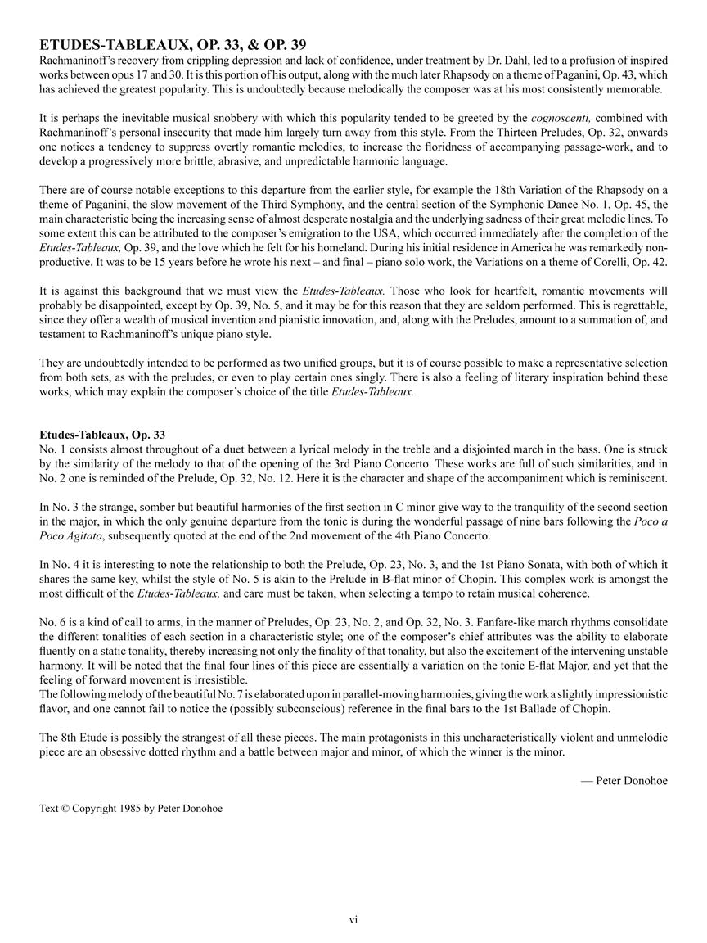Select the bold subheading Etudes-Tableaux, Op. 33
[x=102, y=435]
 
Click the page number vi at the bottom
[x=353, y=920]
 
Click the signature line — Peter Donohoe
[x=624, y=781]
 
